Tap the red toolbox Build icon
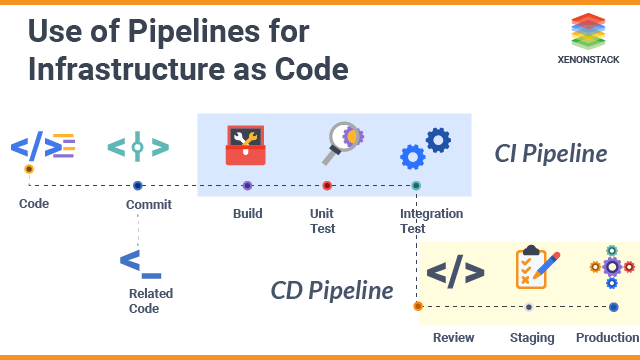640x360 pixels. pos(246,146)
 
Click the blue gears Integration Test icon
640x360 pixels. pos(425,147)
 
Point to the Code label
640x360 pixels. pos(34,204)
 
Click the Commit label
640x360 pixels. pos(149,204)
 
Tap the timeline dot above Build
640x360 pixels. pos(247,185)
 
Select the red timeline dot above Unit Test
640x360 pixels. pos(327,185)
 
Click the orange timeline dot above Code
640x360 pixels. pos(29,169)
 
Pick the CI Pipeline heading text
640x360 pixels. pos(551,154)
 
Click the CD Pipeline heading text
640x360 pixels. pos(331,291)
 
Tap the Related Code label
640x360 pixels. pos(150,301)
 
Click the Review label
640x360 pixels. pos(453,337)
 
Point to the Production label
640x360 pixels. pos(606,337)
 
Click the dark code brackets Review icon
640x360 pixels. pos(455,271)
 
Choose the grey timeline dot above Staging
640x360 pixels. pos(529,306)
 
